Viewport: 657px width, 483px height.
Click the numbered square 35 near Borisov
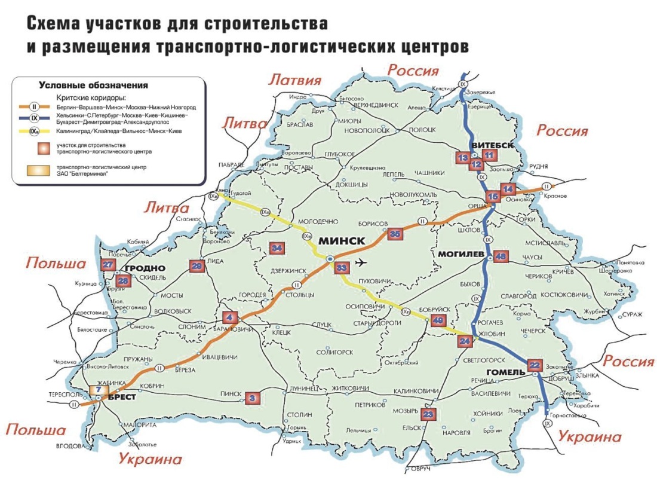[394, 234]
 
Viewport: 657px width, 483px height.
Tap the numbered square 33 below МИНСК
[342, 268]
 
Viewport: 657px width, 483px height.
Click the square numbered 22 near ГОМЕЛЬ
[535, 365]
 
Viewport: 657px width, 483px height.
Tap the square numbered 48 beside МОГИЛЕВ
[501, 257]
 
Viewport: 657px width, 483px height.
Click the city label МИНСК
[341, 241]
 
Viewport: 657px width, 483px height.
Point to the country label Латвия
[295, 80]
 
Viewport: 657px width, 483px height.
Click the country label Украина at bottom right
[590, 436]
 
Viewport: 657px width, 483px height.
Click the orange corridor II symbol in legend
[35, 106]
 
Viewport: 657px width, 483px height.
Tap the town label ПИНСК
[231, 394]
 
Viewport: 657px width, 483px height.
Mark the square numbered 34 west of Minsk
[277, 248]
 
